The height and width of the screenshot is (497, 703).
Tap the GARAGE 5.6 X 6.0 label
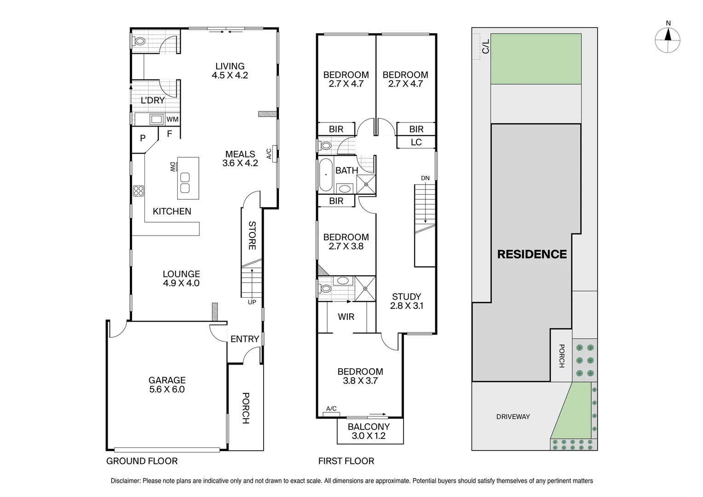167,385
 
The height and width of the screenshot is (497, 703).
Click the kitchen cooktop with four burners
138,191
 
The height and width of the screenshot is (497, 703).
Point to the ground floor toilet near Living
139,41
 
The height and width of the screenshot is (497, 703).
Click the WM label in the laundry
172,120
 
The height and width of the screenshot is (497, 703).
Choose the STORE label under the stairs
252,236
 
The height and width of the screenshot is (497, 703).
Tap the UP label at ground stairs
252,302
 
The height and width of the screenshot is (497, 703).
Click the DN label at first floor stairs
425,178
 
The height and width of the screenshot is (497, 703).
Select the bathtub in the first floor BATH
325,174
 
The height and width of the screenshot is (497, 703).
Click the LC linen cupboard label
416,142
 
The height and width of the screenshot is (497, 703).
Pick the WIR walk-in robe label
346,317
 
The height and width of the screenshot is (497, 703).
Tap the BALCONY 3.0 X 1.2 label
369,431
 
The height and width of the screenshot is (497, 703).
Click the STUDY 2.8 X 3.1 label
406,301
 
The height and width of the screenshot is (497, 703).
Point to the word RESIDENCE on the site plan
532,254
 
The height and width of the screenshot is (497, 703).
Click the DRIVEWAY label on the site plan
513,416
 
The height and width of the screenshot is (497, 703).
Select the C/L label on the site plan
485,46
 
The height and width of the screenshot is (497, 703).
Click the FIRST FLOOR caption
346,461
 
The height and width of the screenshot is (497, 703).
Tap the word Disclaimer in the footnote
125,481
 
